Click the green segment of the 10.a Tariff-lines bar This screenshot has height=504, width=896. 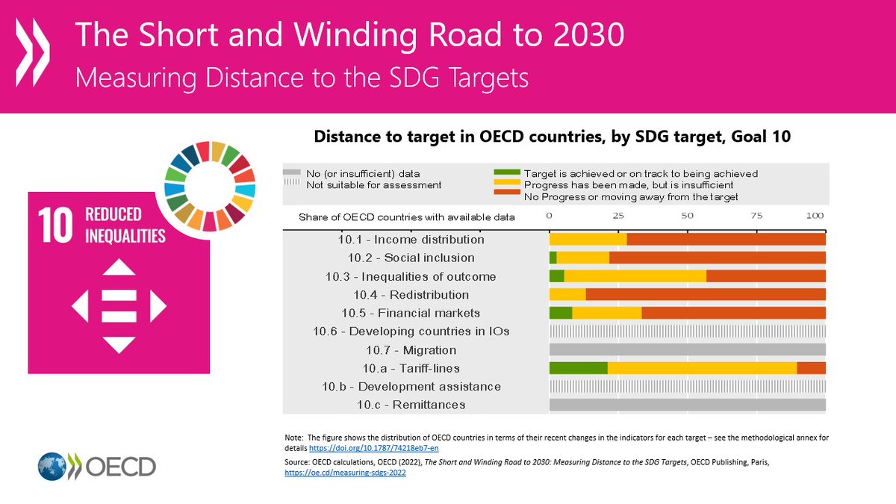click(x=578, y=368)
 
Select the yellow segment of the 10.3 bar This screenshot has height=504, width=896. click(x=635, y=276)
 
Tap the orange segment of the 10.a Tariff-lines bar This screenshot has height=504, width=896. click(x=811, y=368)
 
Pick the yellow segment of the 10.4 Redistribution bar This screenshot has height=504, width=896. click(x=567, y=295)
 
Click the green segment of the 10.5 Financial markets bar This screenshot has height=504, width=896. click(x=561, y=313)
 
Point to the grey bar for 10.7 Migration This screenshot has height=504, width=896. click(x=687, y=349)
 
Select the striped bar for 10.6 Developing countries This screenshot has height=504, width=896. click(x=687, y=331)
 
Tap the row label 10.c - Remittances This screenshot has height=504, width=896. click(x=411, y=405)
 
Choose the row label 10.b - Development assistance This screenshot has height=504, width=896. click(x=411, y=387)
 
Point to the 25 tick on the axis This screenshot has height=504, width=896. click(x=618, y=216)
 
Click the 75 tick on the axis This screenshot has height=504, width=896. click(x=756, y=216)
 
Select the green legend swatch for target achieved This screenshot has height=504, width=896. click(x=507, y=173)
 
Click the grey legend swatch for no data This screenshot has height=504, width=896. click(x=292, y=173)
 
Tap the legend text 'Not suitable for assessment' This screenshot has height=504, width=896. click(x=374, y=184)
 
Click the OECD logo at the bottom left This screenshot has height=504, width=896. click(x=97, y=467)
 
